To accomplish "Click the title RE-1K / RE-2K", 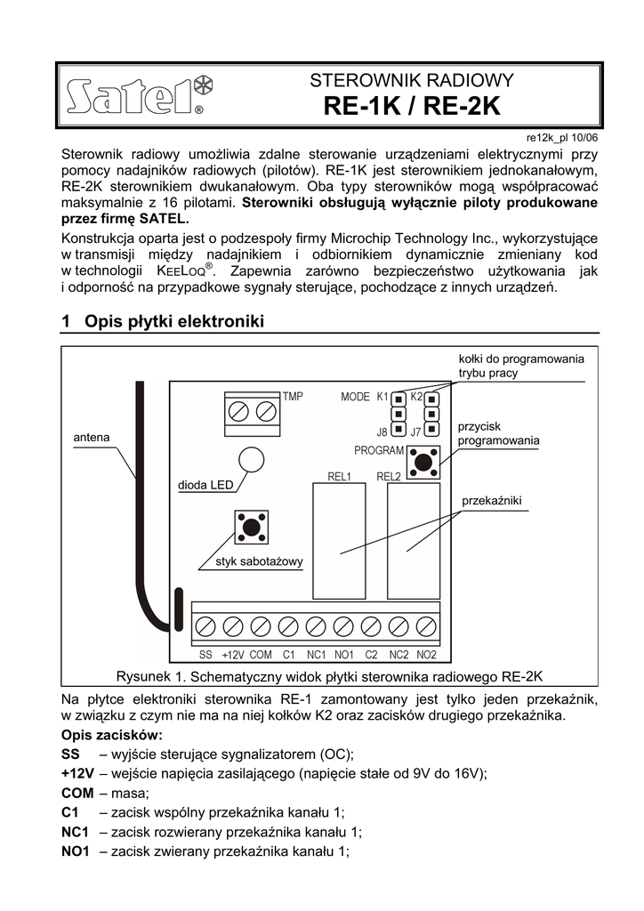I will [x=412, y=108].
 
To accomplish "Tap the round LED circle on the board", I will [x=253, y=459].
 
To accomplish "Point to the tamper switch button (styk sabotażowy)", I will [x=252, y=527].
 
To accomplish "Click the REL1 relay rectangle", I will [x=338, y=541].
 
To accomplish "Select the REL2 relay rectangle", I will [x=414, y=541].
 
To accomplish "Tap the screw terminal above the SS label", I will [x=205, y=626].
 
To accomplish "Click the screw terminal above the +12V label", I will [x=232, y=626].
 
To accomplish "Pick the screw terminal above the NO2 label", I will [x=427, y=626].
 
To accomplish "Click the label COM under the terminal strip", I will [x=260, y=655].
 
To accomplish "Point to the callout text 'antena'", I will [x=91, y=437].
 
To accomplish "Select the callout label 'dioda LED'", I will [x=205, y=486].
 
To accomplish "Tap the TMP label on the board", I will [x=293, y=397].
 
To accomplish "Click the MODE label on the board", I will [x=355, y=397].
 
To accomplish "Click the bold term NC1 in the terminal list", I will [x=76, y=832].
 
